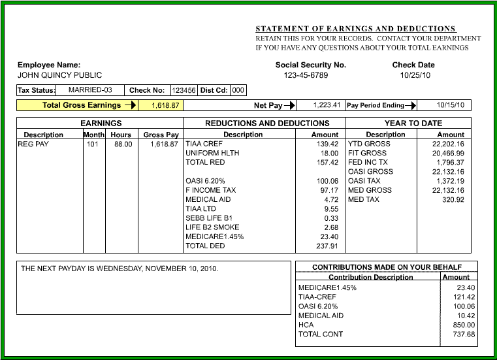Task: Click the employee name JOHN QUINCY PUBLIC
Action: point(59,75)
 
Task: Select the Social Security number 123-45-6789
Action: point(306,75)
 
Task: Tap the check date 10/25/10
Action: point(413,75)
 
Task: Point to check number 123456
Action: point(184,90)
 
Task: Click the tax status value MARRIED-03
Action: point(90,90)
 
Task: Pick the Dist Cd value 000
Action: point(238,90)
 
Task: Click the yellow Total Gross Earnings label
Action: point(82,105)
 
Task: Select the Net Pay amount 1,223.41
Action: point(327,105)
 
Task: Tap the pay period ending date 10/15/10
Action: point(451,105)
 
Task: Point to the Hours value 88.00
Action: point(123,144)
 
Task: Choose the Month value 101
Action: point(92,144)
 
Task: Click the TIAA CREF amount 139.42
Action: point(327,144)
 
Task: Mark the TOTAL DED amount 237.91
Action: point(327,246)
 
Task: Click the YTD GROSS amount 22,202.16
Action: point(448,144)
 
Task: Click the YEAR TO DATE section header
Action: point(413,123)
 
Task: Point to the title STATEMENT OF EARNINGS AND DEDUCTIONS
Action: point(355,29)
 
